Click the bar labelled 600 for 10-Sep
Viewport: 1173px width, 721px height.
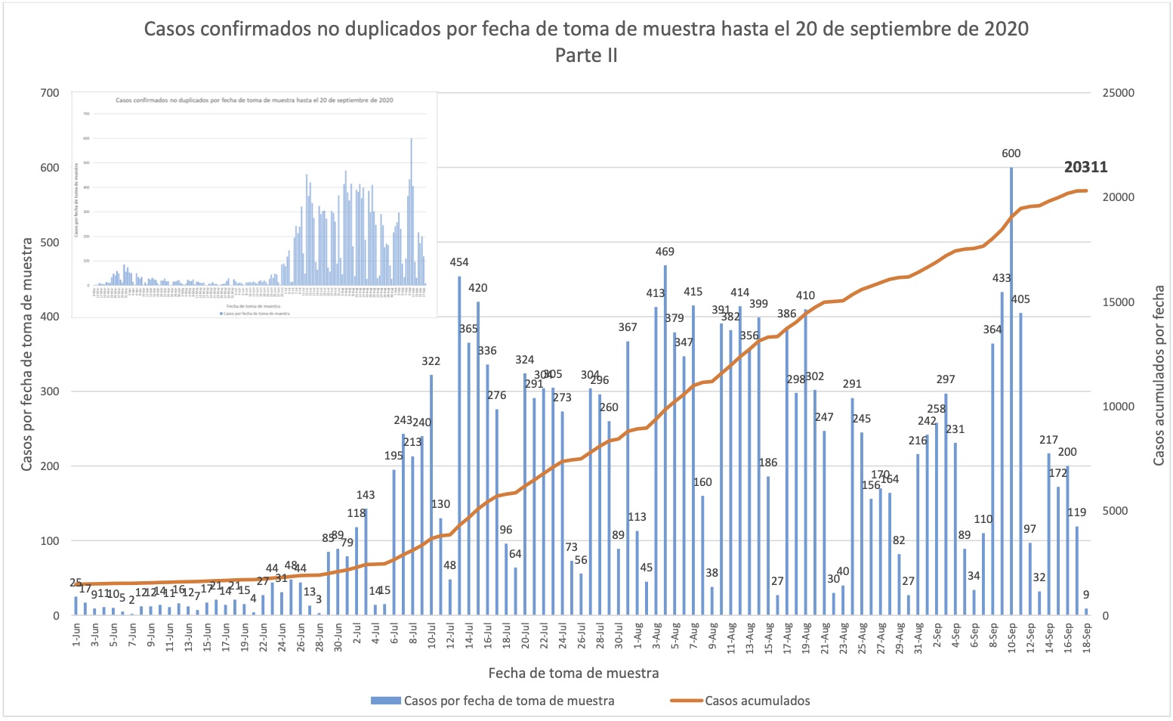pos(1011,393)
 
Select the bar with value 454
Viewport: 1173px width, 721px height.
pos(459,446)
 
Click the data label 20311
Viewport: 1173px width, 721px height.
pos(1085,167)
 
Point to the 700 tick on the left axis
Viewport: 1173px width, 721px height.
pos(49,93)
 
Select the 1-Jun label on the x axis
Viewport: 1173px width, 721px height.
pos(76,636)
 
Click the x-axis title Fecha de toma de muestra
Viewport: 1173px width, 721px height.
pos(573,673)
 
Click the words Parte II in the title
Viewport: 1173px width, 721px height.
pos(586,55)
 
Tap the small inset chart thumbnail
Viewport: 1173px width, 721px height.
pos(255,204)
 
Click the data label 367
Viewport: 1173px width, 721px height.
pos(628,327)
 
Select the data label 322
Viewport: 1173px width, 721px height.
pos(431,361)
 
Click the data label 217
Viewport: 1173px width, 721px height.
pos(1048,440)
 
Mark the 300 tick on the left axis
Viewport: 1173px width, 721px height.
pos(49,391)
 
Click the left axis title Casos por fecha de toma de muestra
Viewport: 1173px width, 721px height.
pos(27,354)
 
